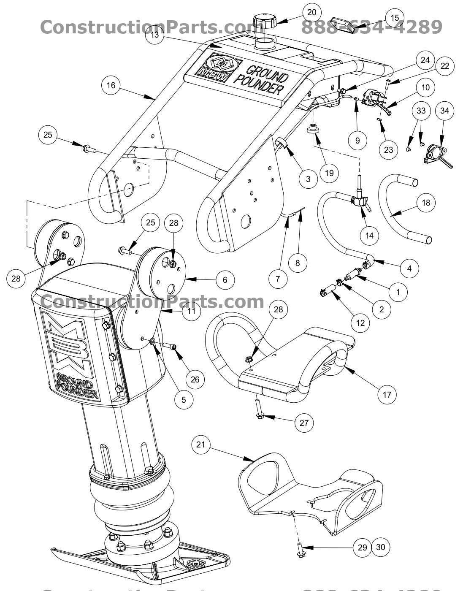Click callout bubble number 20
click(x=311, y=12)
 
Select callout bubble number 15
click(x=395, y=18)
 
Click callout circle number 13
click(x=155, y=35)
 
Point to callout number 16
click(x=111, y=85)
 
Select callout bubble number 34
click(x=445, y=111)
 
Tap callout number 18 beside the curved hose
click(x=426, y=203)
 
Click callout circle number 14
click(x=369, y=235)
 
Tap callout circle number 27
click(x=304, y=423)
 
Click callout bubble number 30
click(x=380, y=547)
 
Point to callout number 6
click(x=225, y=279)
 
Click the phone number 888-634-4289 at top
click(x=371, y=27)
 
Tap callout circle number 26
click(x=195, y=379)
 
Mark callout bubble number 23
click(x=388, y=149)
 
